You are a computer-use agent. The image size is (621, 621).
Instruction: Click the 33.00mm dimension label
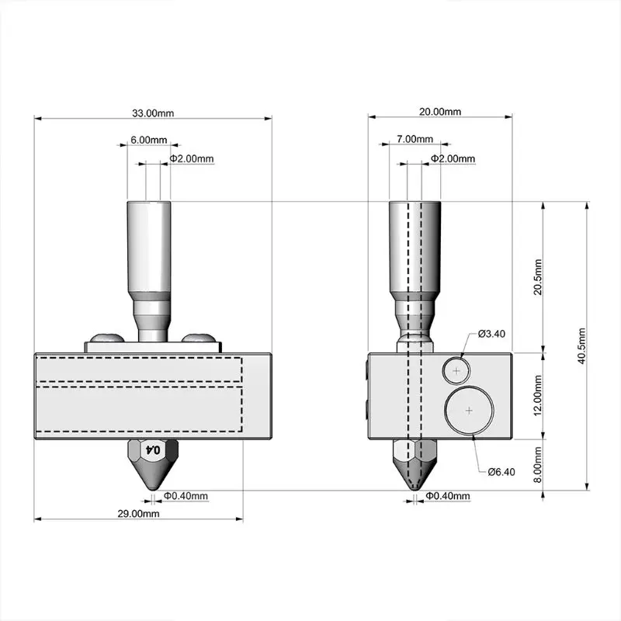point(153,113)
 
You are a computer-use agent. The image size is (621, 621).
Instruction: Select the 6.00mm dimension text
point(148,140)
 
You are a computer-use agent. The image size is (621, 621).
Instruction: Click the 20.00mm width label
point(440,112)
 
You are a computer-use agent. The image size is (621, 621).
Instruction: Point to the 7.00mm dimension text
point(415,139)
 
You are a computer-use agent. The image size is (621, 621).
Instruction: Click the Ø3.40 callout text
point(491,334)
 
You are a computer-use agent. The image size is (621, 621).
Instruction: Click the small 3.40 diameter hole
point(456,372)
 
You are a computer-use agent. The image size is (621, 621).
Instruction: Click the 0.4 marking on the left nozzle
point(153,449)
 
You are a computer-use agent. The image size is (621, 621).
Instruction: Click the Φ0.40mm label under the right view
point(449,496)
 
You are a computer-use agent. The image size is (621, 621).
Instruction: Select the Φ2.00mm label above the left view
point(192,158)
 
